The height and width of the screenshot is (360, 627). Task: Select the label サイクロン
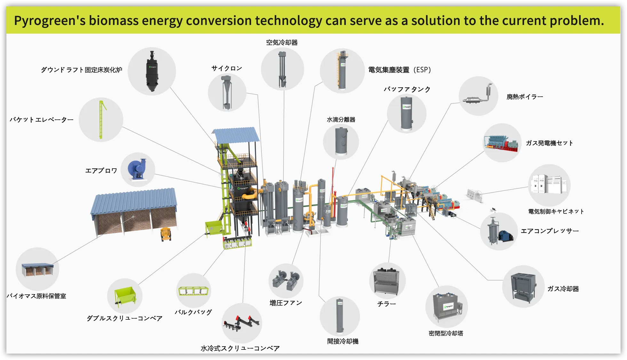tap(226, 68)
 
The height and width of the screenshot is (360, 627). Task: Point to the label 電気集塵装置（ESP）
tap(400, 70)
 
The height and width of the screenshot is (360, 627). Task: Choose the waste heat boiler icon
tap(478, 96)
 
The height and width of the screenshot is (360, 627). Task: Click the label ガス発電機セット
tap(549, 143)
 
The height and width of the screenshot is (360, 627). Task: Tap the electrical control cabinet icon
tap(549, 185)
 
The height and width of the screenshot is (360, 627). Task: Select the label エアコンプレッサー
tap(550, 231)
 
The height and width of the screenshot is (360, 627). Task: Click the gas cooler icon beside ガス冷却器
tap(523, 286)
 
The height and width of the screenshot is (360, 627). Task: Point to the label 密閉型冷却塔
tap(446, 333)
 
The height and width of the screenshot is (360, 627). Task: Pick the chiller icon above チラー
tap(387, 281)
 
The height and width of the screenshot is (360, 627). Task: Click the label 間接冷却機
tap(343, 341)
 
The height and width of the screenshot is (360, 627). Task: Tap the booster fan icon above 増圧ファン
tap(286, 280)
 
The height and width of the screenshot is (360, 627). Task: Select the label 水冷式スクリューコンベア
tap(240, 348)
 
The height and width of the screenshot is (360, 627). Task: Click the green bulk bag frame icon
tap(194, 291)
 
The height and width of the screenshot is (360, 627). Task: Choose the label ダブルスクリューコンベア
tap(124, 318)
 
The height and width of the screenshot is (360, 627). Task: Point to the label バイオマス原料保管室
tap(36, 296)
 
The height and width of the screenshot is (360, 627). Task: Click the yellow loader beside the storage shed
tap(166, 234)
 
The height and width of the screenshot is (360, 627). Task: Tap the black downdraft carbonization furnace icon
tap(152, 71)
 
